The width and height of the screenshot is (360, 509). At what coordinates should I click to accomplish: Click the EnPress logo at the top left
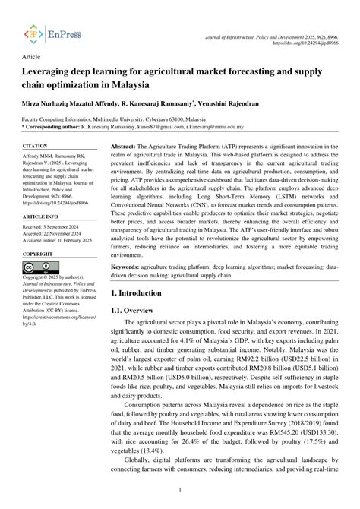point(52,34)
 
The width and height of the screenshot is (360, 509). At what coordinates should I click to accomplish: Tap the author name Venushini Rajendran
point(250,101)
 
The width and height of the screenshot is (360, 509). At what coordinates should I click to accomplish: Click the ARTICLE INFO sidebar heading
point(39,216)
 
